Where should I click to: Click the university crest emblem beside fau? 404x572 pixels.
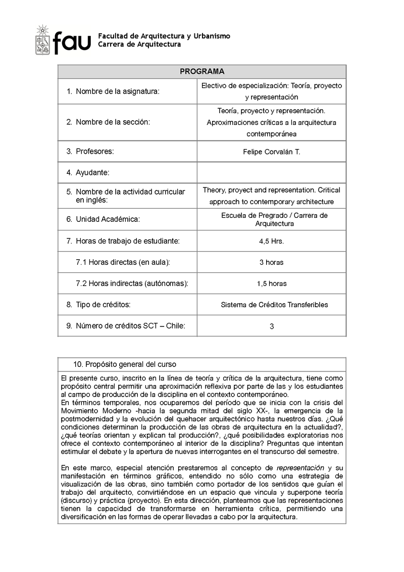coord(42,41)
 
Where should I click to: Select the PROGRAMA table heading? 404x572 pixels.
coord(202,72)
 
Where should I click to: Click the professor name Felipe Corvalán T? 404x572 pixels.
coord(272,152)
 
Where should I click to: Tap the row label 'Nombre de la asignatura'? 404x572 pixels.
coord(117,91)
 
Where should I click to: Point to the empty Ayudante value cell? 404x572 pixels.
coord(272,172)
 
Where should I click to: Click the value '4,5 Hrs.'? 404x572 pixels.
coord(272,241)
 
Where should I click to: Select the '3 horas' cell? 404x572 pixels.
coord(272,262)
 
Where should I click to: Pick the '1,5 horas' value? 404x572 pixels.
coord(272,283)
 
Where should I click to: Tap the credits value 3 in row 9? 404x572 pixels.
coord(272,326)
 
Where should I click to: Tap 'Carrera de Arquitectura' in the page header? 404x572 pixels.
coord(139,44)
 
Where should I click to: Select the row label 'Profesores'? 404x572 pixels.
coord(94,151)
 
